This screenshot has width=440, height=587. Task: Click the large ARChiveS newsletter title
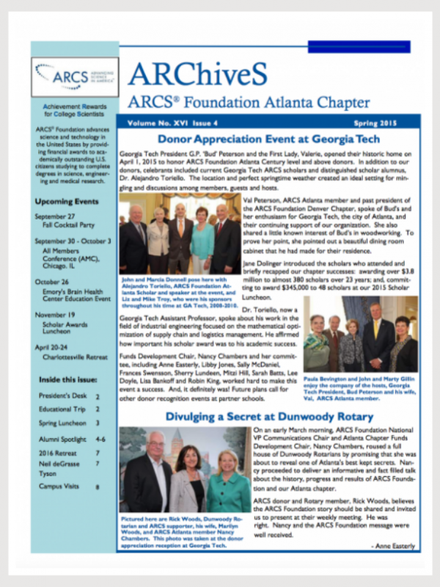click(x=199, y=73)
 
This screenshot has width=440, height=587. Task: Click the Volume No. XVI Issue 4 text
click(x=168, y=123)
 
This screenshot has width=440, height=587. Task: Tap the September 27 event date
click(x=57, y=216)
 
